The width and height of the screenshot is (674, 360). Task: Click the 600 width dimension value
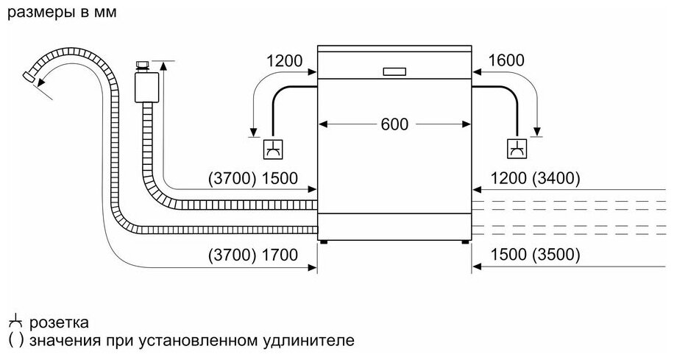(x=394, y=124)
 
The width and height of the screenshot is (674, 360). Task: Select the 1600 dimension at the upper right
(x=505, y=61)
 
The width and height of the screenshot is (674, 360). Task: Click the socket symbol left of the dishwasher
(x=272, y=149)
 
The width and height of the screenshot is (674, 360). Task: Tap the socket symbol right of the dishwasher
(x=517, y=149)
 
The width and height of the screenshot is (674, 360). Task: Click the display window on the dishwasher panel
(x=395, y=71)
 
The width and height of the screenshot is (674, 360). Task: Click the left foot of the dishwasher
(x=324, y=240)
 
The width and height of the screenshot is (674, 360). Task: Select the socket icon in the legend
(x=15, y=322)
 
